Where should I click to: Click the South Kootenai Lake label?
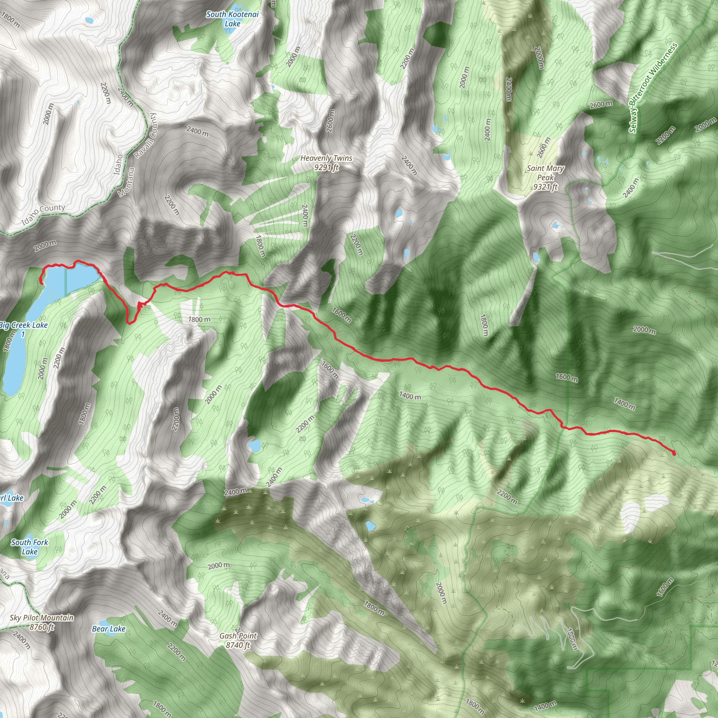(x=232, y=19)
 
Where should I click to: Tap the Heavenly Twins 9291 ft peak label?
(x=326, y=163)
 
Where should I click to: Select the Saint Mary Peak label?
(x=545, y=178)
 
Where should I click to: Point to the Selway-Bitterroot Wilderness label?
(x=653, y=88)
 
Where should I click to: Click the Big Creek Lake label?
(x=24, y=329)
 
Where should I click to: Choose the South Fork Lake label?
(x=29, y=547)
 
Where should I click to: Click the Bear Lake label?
(x=109, y=629)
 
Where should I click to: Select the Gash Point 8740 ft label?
(x=238, y=640)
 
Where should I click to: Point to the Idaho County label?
(x=43, y=215)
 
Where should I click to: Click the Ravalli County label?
(x=146, y=136)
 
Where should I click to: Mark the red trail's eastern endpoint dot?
(x=674, y=453)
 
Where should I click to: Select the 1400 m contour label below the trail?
(x=410, y=396)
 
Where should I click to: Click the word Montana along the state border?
(x=126, y=182)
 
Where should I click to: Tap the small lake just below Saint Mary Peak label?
(x=556, y=225)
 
